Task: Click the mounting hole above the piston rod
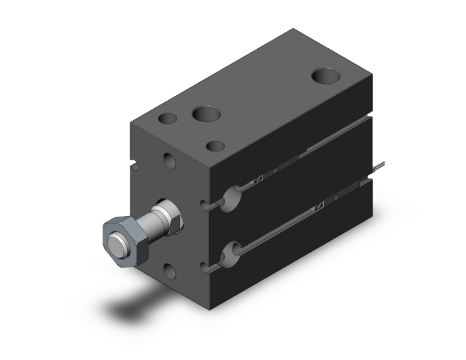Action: pos(170,161)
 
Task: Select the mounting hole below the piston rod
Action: pos(170,270)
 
